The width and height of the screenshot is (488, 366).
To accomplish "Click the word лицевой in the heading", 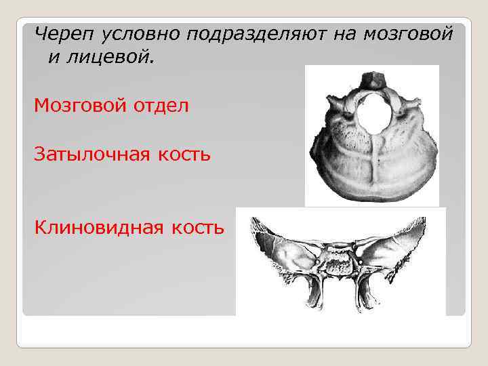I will [110, 59].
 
